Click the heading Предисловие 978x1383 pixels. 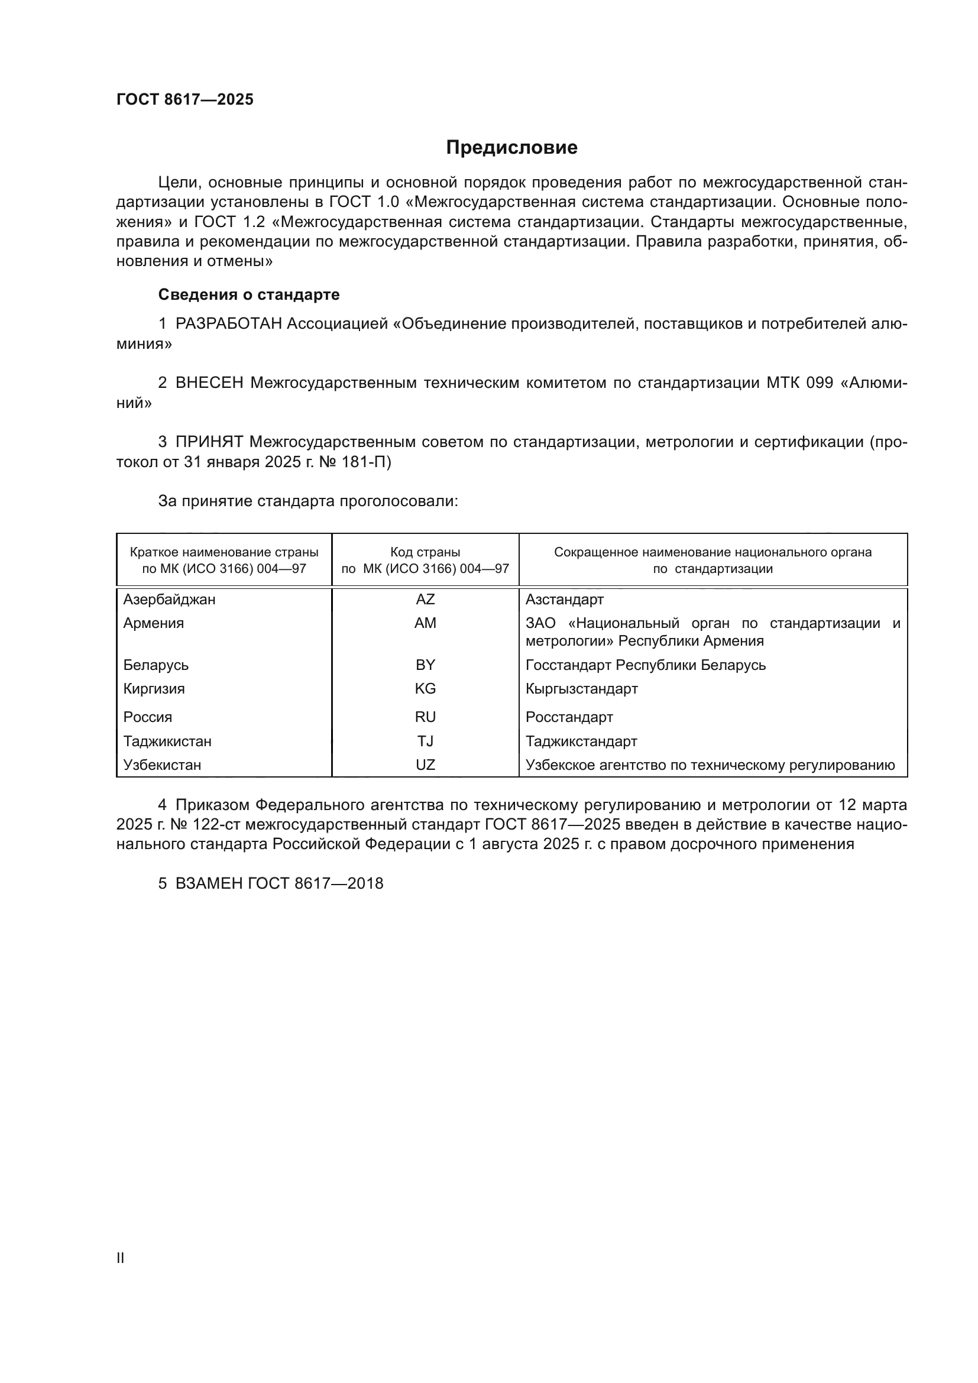click(511, 148)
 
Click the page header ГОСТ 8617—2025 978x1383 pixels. click(185, 99)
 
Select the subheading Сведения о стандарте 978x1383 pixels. click(249, 294)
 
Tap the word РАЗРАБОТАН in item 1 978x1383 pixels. click(228, 324)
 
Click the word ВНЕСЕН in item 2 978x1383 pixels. click(209, 383)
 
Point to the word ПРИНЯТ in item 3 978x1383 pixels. click(209, 442)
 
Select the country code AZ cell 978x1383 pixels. click(425, 600)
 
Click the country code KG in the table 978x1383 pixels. click(425, 688)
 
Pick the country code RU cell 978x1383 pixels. click(425, 717)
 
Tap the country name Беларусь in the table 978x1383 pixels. click(156, 665)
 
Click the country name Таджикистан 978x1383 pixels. click(167, 741)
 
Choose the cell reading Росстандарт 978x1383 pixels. click(569, 717)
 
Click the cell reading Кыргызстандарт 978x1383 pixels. click(581, 688)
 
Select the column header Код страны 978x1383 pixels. click(425, 552)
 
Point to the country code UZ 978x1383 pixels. click(425, 765)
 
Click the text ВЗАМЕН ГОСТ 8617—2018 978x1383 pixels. click(279, 883)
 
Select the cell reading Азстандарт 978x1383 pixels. click(564, 600)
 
